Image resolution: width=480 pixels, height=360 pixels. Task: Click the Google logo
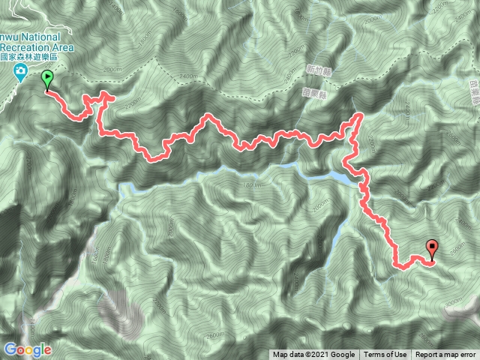[x=27, y=349]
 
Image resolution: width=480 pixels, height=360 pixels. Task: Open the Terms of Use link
[x=385, y=355]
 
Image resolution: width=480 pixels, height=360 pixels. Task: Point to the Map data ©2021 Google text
[x=313, y=355]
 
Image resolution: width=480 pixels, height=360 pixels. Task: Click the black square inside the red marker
[x=433, y=244]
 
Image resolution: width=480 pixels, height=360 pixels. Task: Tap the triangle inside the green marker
[x=47, y=76]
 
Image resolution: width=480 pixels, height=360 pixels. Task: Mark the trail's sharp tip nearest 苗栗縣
[x=359, y=115]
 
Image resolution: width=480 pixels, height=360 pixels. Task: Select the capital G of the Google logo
[x=10, y=349]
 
